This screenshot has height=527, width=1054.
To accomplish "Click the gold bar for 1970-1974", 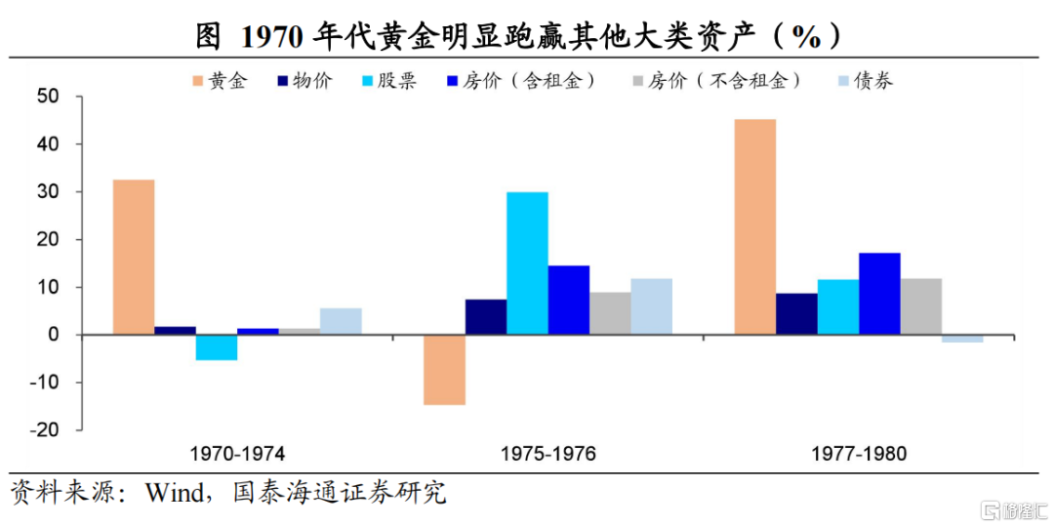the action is [133, 257].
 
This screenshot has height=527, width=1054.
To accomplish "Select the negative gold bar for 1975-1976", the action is [444, 370].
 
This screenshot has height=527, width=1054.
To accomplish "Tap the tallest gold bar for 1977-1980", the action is [754, 226].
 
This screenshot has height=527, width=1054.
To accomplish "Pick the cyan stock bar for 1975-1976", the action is [527, 263].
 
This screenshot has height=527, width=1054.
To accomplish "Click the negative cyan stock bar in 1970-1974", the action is [217, 347].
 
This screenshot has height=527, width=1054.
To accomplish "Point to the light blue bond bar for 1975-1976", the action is [651, 306].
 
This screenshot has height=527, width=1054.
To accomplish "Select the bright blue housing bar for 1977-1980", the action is [879, 294].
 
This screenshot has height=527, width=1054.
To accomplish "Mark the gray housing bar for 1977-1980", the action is [921, 306].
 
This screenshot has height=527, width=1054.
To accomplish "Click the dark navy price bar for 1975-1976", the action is [486, 316].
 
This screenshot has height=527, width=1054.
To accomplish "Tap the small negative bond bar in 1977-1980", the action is [962, 339].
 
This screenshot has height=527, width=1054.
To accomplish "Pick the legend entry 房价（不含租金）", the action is [716, 81].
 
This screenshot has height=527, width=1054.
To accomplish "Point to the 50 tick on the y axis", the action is [51, 97].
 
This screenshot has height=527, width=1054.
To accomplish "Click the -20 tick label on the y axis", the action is [46, 430].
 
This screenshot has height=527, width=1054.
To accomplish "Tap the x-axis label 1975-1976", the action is [547, 455].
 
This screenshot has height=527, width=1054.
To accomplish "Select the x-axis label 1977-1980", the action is [859, 455].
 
